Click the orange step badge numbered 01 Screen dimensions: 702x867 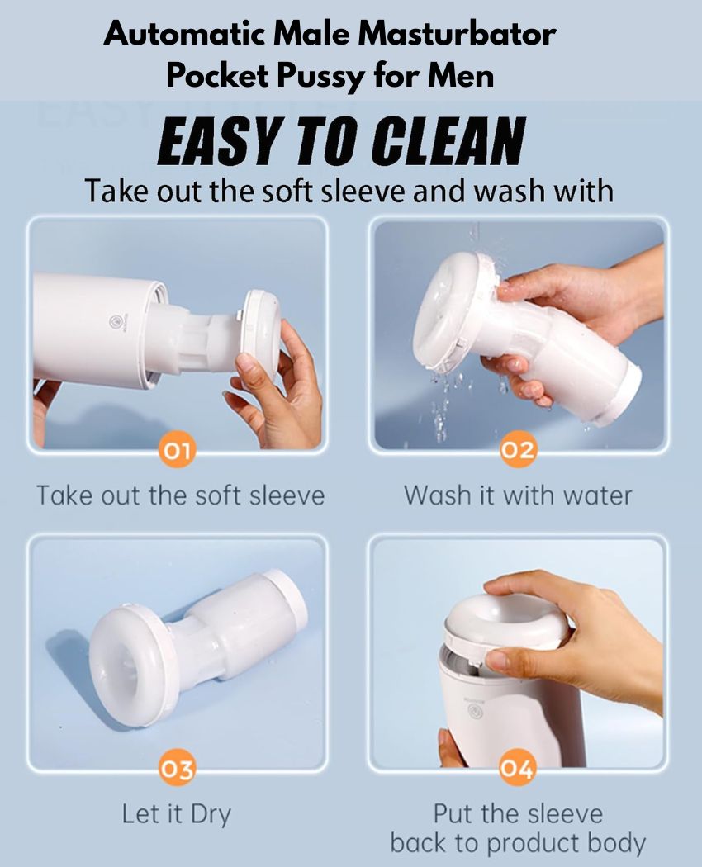tap(178, 451)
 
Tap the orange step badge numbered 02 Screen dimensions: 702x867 tap(517, 451)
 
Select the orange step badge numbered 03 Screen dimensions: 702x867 tap(178, 769)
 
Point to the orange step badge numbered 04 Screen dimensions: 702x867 tap(517, 769)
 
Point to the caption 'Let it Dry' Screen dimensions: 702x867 tap(177, 815)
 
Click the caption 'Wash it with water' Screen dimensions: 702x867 tap(518, 495)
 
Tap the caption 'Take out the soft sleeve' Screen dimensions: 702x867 tap(180, 495)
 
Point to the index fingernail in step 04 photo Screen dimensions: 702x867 tap(496, 659)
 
